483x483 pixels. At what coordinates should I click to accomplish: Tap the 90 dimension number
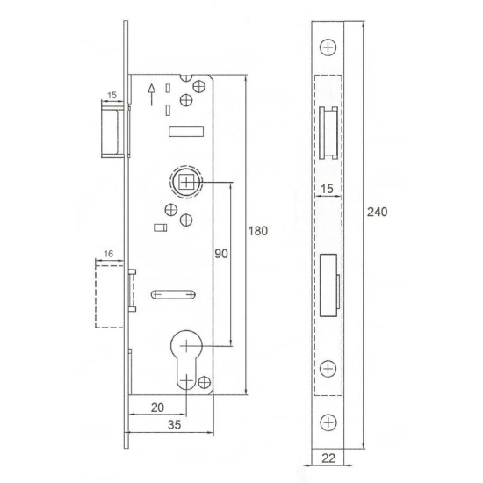(221, 254)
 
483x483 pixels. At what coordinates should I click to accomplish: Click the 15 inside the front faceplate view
(327, 189)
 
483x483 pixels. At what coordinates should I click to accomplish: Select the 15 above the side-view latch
(112, 93)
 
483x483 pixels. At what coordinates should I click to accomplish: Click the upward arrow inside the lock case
(152, 89)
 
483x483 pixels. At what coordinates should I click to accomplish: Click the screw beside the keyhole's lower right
(205, 382)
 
